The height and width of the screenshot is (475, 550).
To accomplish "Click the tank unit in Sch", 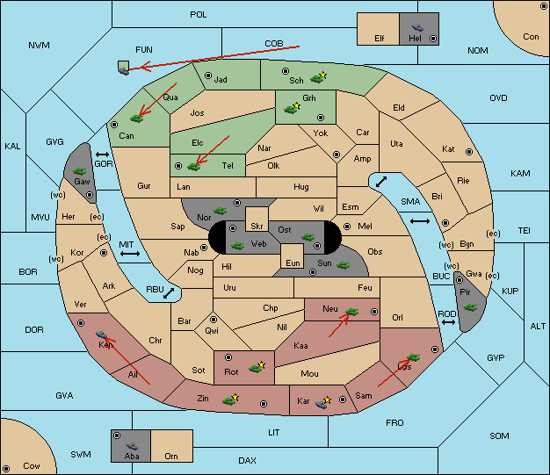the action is pos(317,79).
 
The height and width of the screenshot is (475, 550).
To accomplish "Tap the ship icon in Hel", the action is pos(417,27).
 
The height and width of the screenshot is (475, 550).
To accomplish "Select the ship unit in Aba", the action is pos(132,446).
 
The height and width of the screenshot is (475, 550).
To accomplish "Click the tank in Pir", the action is pos(470,307).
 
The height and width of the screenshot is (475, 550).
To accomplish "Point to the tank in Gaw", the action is pos(79,171).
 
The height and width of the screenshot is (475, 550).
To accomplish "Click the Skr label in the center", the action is pos(257,227).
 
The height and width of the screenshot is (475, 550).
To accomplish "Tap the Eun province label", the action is pos(293,263).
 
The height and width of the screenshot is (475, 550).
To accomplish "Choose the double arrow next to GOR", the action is pos(102,155).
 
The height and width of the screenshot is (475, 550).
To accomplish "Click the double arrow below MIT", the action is pos(130,254).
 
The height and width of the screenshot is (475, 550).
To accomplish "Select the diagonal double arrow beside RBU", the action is pos(169,293).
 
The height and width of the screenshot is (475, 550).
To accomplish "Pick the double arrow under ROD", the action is pos(448,322).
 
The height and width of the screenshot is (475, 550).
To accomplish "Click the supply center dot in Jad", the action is pos(208,76).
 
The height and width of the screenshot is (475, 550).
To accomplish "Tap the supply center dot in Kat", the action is pos(469,152).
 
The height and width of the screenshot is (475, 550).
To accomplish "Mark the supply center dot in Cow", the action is pos(6,468).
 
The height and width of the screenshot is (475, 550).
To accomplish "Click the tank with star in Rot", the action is pos(257,367).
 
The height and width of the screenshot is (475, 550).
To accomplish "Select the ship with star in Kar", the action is pos(322,403).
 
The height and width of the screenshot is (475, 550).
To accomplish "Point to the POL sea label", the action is pos(199,15).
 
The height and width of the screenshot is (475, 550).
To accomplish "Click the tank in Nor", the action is pos(220,211).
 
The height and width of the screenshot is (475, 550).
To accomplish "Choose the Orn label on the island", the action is pos(171,456).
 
